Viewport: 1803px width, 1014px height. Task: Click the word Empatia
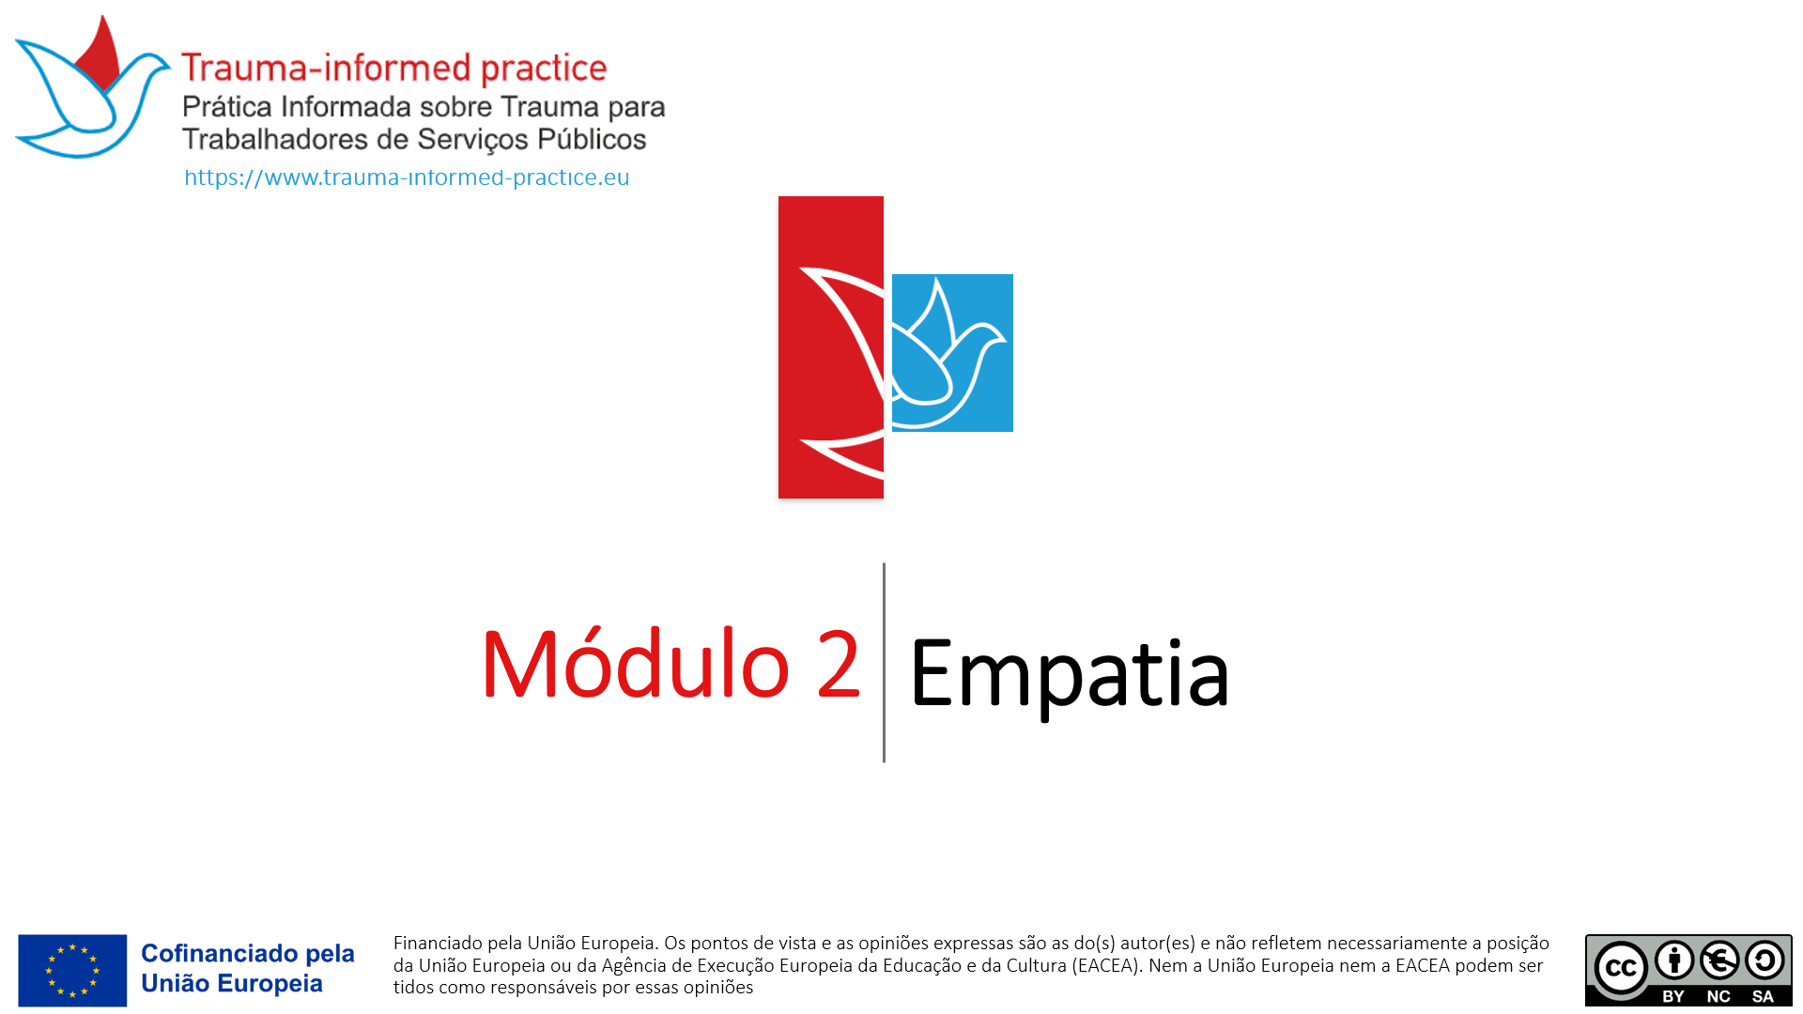tap(1069, 674)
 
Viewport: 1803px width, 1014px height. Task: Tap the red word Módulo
tap(636, 664)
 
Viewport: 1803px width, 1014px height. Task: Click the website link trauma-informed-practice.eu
tap(407, 177)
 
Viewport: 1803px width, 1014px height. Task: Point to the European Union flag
tap(72, 970)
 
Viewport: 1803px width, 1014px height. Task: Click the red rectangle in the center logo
tap(831, 346)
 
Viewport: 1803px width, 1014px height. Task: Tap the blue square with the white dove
tap(952, 353)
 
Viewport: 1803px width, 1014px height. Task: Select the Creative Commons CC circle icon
tap(1621, 968)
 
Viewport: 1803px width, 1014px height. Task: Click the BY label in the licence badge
tap(1673, 996)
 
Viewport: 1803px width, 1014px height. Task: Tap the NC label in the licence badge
tap(1718, 996)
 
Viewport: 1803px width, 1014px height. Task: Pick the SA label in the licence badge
tap(1763, 996)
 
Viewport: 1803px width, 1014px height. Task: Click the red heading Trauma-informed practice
tap(394, 68)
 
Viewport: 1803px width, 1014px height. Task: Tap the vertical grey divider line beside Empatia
tap(884, 663)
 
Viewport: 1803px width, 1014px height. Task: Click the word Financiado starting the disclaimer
tap(438, 943)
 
